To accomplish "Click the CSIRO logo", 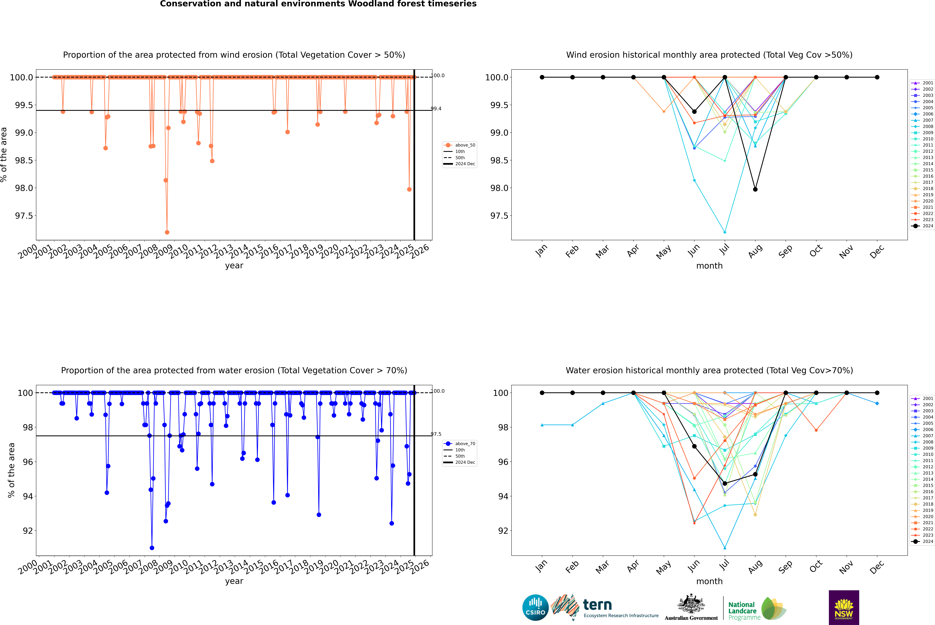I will (535, 607).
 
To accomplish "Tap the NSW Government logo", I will (844, 607).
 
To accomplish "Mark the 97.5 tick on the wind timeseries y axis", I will (24, 216).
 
